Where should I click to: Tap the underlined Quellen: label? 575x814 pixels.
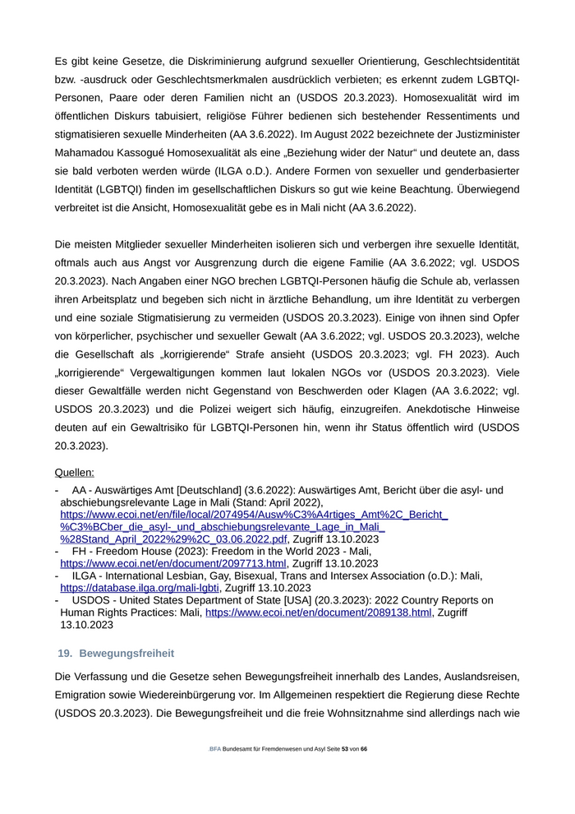(74, 473)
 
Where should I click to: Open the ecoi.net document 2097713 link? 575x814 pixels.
(173, 563)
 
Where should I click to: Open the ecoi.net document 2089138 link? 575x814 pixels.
(318, 613)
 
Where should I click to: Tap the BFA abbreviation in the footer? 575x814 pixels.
(215, 750)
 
